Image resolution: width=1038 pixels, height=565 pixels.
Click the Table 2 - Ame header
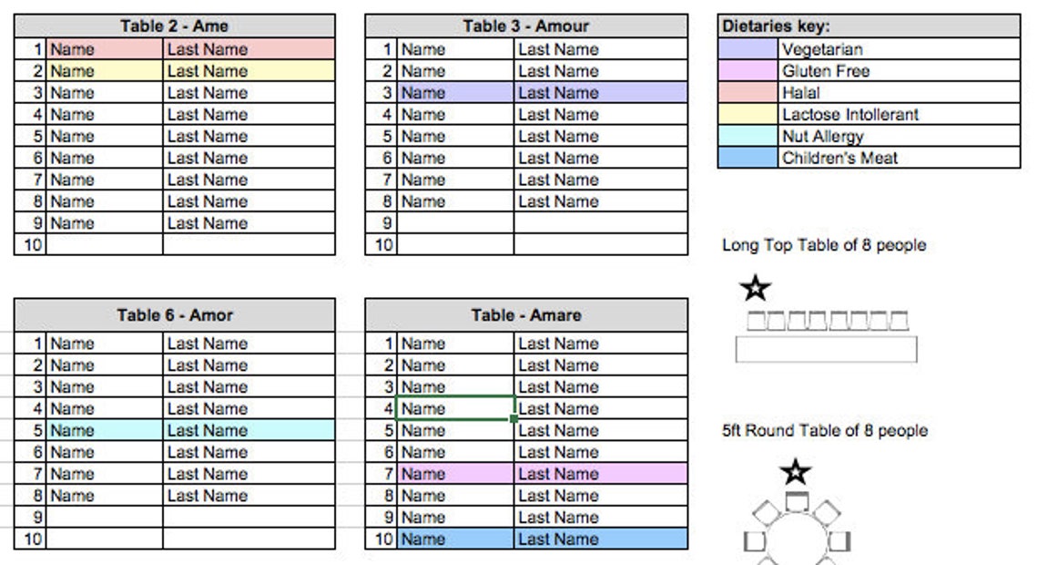[x=174, y=26]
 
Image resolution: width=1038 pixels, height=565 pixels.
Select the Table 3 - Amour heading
[x=526, y=26]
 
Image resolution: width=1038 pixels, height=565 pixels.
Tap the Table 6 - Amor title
[x=174, y=315]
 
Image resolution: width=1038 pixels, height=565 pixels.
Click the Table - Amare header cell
[x=526, y=315]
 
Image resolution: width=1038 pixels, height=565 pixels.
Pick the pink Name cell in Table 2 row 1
[x=105, y=49]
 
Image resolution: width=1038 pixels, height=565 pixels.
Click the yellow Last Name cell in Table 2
[x=249, y=71]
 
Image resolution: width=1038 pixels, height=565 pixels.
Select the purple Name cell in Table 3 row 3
[x=455, y=93]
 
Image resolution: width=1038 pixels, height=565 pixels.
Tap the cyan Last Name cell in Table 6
[x=249, y=430]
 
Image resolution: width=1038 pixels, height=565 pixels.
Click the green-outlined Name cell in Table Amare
[x=455, y=408]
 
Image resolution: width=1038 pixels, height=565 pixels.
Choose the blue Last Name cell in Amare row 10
[x=600, y=539]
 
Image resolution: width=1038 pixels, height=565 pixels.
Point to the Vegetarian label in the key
[x=821, y=49]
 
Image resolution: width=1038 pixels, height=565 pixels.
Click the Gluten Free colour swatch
[x=748, y=71]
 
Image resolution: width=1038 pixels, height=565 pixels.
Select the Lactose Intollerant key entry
[x=850, y=115]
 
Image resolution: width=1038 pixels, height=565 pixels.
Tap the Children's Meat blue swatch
[x=748, y=158]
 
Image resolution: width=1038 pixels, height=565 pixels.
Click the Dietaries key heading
[x=776, y=26]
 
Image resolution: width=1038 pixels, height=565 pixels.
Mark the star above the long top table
[x=756, y=289]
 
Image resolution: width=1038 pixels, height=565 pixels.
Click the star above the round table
[x=796, y=472]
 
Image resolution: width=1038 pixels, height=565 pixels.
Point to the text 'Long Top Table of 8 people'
[x=823, y=245]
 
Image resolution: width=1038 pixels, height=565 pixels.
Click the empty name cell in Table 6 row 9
[x=105, y=517]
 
